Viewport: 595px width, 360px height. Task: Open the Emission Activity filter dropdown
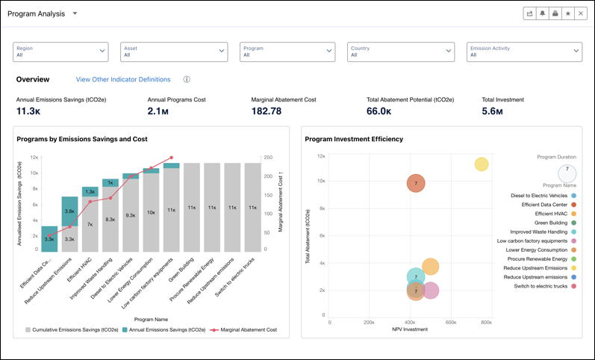524,51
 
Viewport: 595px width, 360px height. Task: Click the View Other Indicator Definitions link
123,79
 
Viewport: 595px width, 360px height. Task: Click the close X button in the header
581,13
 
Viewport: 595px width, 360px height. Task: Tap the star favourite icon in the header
567,13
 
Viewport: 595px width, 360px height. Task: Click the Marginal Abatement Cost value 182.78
267,111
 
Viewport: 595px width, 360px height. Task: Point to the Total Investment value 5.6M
492,111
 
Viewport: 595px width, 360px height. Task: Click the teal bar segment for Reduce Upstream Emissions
69,215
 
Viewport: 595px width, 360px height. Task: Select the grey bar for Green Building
192,207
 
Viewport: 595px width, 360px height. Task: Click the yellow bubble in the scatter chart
482,164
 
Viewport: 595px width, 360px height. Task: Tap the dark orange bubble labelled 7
416,183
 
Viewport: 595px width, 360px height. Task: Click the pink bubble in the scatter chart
431,291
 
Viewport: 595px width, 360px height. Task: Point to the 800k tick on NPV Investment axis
486,323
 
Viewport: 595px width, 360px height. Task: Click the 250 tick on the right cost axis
267,158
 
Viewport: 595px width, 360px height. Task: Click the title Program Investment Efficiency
354,139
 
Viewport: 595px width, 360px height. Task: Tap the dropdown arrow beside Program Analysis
75,13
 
